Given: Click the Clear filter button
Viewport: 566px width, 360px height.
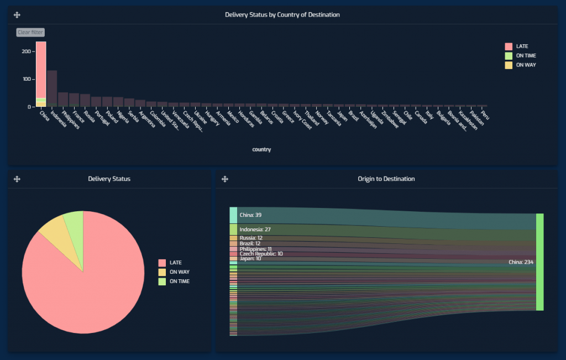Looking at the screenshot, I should (30, 33).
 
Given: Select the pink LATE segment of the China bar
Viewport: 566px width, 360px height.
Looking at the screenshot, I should (41, 69).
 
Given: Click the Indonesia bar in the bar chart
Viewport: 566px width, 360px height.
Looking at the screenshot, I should (52, 88).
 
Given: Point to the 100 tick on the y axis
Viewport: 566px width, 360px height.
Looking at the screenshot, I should (26, 79).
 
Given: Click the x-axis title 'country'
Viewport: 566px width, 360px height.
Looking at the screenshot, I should (261, 149).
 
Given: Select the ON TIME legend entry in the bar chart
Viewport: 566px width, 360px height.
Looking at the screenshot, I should (525, 56).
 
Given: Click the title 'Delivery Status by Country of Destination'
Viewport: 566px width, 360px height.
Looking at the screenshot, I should (282, 15).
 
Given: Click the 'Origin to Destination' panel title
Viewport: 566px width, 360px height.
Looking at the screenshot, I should (386, 179).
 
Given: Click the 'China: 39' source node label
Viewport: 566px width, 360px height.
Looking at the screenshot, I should (250, 215).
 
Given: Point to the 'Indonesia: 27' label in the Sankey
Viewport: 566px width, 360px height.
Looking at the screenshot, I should (255, 229).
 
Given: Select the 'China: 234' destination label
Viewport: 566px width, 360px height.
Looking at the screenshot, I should (521, 262).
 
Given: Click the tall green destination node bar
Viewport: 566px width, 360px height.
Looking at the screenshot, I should (539, 262).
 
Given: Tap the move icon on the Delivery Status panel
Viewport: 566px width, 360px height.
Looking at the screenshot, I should (17, 179).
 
